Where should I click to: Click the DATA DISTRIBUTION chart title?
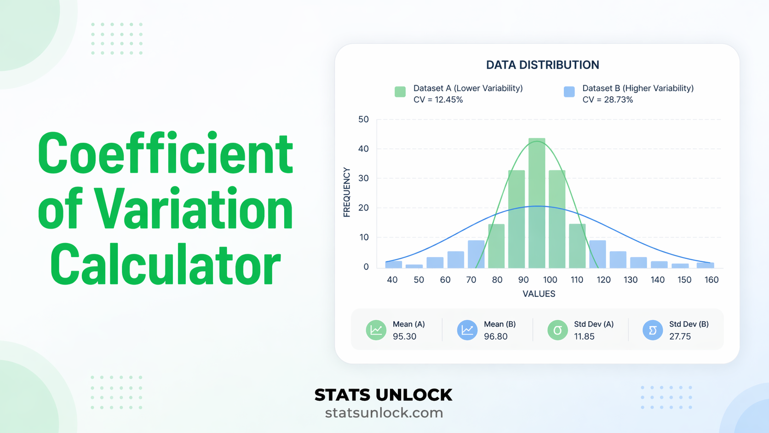click(x=542, y=65)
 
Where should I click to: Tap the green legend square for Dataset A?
click(x=400, y=92)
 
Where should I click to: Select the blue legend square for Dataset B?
click(x=569, y=92)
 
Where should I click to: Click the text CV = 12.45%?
click(x=438, y=100)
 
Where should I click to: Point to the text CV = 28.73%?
click(x=608, y=100)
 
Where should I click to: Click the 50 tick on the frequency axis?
click(x=363, y=120)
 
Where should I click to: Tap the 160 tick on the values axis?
click(x=711, y=280)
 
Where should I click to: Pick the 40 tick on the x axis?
click(x=392, y=280)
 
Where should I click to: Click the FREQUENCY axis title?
click(x=347, y=192)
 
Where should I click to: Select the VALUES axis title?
click(x=539, y=294)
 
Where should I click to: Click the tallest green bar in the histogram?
click(x=537, y=202)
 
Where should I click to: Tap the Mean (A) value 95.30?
click(x=404, y=336)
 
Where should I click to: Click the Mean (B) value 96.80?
click(x=495, y=336)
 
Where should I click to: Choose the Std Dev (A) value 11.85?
click(x=584, y=336)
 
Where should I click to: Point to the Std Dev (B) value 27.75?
click(x=680, y=336)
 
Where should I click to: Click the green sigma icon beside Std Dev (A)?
click(x=557, y=330)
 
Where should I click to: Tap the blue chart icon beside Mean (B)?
click(x=467, y=330)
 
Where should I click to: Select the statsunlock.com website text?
click(x=384, y=413)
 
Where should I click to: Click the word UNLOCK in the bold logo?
click(x=413, y=395)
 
